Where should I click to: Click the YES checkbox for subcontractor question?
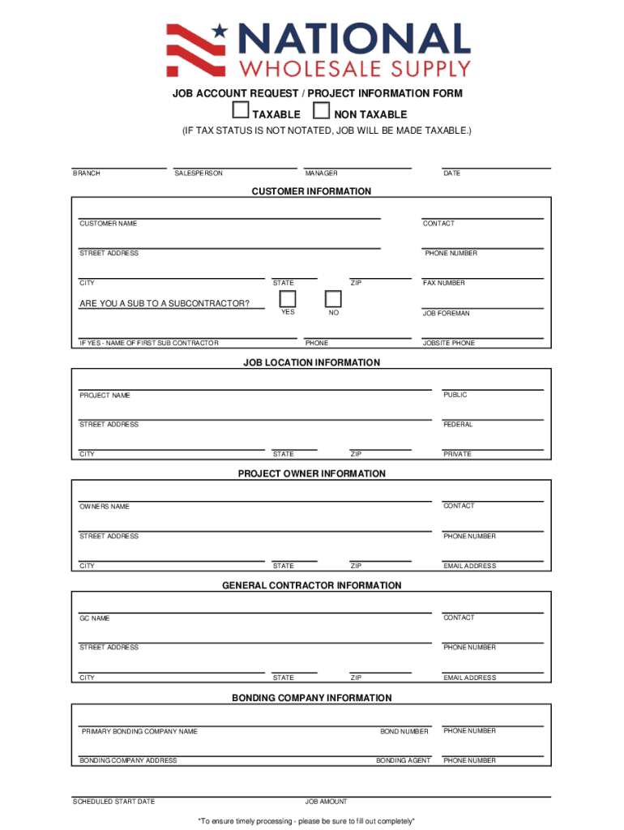(x=288, y=298)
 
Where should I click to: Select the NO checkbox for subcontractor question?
(x=333, y=298)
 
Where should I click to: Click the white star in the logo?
(x=220, y=32)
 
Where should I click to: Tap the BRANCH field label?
(x=87, y=173)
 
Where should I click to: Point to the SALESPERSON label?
(x=199, y=173)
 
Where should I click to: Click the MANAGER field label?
(x=321, y=173)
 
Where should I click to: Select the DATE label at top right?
(x=451, y=173)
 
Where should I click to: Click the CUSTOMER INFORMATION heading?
(x=311, y=191)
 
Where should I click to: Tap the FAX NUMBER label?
(x=444, y=283)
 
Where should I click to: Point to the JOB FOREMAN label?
(x=446, y=313)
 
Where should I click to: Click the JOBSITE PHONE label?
(x=449, y=343)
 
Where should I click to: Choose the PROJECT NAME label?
(x=105, y=396)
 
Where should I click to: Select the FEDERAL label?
(x=458, y=425)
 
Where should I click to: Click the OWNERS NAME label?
(x=105, y=507)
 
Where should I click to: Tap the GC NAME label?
(x=94, y=618)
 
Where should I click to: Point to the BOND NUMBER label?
(x=404, y=732)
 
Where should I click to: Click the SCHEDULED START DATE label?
(x=113, y=802)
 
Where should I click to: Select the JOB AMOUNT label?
(x=326, y=802)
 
